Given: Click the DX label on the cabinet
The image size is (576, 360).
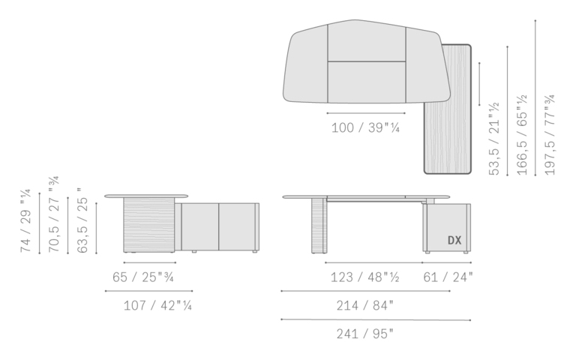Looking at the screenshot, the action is [x=454, y=240].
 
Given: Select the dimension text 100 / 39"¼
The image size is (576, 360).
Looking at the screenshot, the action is [x=365, y=127].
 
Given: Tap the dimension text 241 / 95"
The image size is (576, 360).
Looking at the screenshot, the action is [x=364, y=334].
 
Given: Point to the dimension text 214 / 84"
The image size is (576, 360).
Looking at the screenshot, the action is [x=364, y=305].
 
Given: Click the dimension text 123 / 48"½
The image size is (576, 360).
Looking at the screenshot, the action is [x=365, y=277].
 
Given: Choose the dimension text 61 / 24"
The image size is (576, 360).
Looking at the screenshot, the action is [x=448, y=277].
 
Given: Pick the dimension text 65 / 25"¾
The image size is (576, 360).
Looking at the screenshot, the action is [x=143, y=277].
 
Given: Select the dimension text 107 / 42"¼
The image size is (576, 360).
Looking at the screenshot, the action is [x=158, y=305].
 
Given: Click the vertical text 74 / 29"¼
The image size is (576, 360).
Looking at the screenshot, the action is [x=26, y=220].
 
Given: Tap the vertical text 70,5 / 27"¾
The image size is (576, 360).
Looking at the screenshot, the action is [x=54, y=214].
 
